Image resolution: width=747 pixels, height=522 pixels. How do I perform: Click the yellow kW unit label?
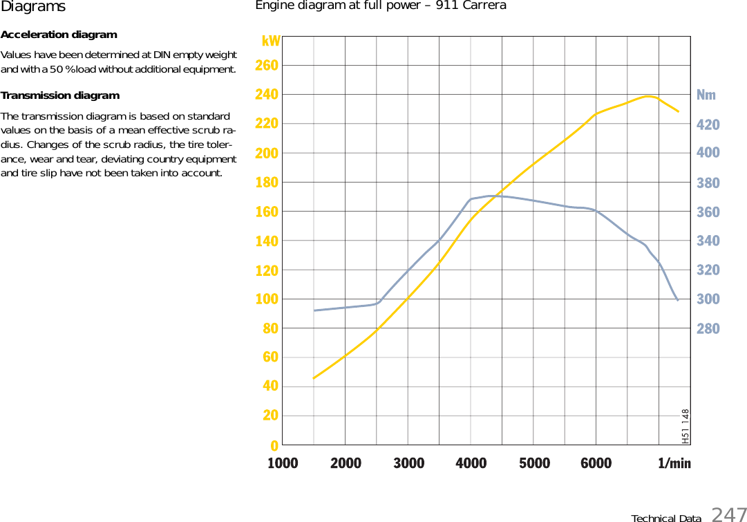271,41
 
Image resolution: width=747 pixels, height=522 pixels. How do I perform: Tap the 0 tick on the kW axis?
274,445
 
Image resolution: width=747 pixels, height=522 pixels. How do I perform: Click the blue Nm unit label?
706,95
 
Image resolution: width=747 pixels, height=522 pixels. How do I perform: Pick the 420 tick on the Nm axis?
708,125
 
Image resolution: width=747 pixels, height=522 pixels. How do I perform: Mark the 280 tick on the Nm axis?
708,329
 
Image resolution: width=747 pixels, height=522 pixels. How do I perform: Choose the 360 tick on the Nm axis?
708,212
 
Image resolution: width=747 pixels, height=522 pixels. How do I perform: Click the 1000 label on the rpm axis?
283,463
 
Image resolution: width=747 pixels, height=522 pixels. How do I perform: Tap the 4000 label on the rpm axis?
471,463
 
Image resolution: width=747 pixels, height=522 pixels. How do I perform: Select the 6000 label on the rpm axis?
596,463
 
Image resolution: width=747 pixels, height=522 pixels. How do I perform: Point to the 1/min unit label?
674,463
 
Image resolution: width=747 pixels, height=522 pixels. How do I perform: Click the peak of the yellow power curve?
648,96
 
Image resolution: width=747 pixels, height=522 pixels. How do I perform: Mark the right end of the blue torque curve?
678,300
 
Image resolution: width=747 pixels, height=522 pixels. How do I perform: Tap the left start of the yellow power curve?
314,378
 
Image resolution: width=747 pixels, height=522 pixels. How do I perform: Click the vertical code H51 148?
685,426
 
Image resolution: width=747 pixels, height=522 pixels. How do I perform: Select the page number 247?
728,514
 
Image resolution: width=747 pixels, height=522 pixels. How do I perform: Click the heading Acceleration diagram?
59,35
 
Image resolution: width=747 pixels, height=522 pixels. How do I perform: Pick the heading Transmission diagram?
60,95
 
